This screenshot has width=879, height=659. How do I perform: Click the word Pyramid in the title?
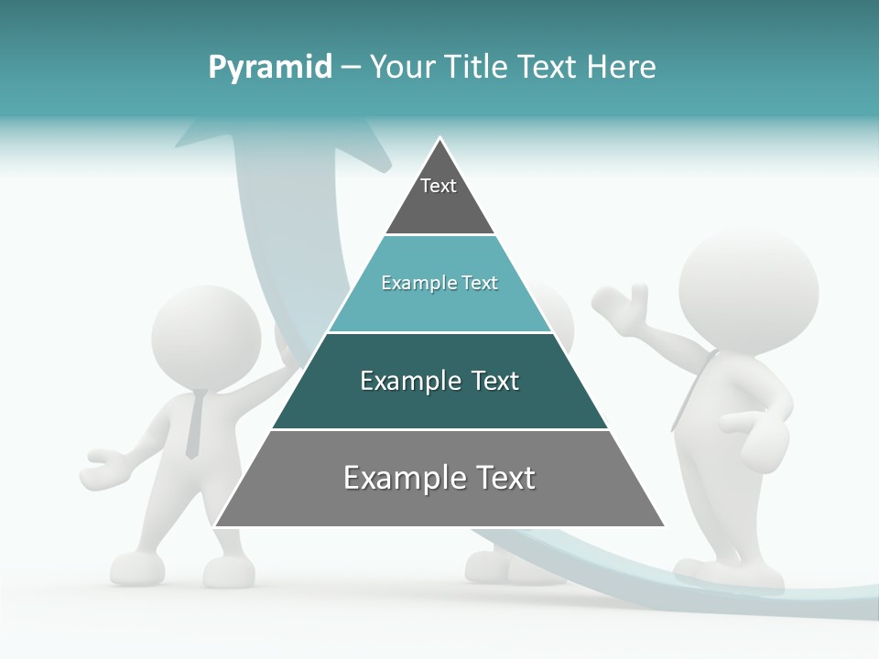(270, 67)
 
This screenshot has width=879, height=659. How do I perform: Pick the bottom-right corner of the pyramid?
(663, 525)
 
